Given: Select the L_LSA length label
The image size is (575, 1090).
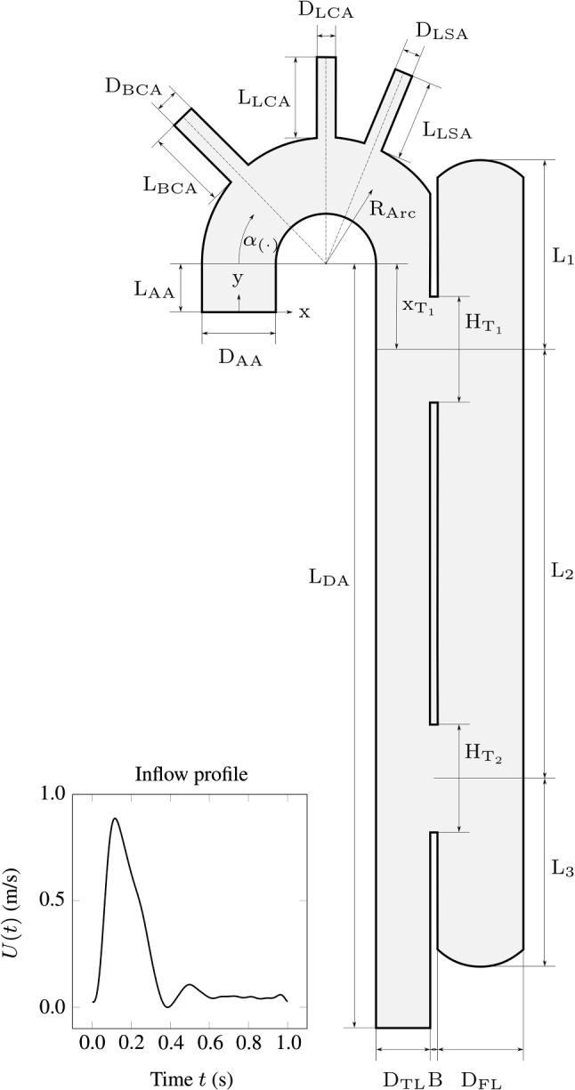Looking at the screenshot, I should point(447,132).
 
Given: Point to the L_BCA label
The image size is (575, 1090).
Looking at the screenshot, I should point(166,184).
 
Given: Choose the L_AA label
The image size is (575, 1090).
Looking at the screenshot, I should point(155,288).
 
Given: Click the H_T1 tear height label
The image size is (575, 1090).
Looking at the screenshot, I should point(484,325).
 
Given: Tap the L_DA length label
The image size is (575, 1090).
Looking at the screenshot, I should point(328,577).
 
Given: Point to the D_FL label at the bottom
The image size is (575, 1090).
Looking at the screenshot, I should point(481,1080).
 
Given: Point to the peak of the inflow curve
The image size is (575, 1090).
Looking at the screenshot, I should point(115,819).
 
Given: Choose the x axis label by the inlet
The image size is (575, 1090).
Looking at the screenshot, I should point(304,312).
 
